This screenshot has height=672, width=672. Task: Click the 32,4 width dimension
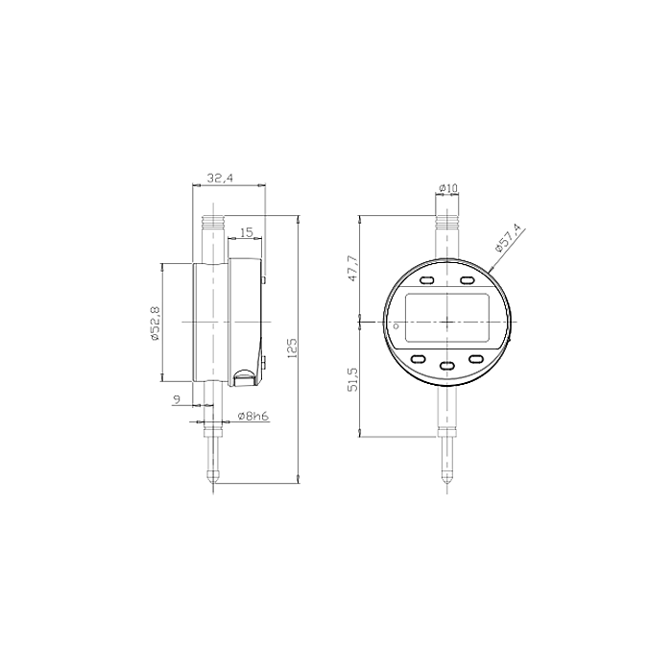pyautogui.click(x=220, y=178)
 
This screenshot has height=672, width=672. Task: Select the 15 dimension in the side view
pyautogui.click(x=247, y=232)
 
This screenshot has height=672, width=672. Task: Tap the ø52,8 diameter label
pyautogui.click(x=155, y=324)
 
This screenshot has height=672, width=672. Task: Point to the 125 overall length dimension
pyautogui.click(x=292, y=348)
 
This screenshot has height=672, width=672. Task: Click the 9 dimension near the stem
pyautogui.click(x=177, y=399)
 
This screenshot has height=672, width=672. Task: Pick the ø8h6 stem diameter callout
pyautogui.click(x=252, y=416)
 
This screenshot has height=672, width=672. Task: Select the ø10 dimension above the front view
pyautogui.click(x=448, y=188)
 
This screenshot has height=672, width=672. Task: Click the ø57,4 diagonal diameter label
pyautogui.click(x=510, y=239)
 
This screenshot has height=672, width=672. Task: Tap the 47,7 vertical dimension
pyautogui.click(x=352, y=269)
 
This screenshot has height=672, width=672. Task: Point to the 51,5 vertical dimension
pyautogui.click(x=352, y=379)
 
